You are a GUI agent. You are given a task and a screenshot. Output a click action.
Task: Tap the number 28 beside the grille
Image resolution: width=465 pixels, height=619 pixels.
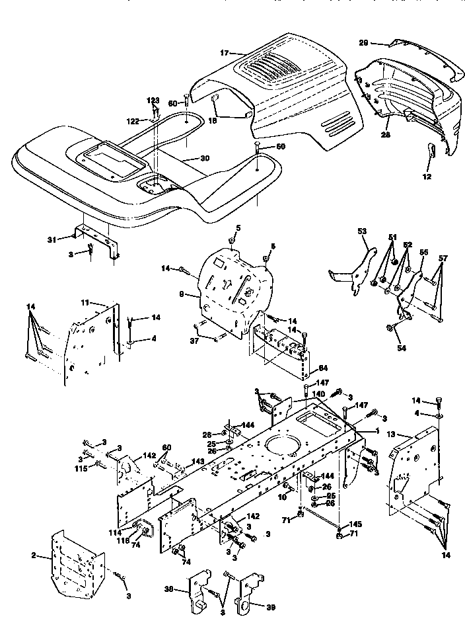click(x=386, y=134)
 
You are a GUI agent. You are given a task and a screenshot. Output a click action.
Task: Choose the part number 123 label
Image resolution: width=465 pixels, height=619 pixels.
click(x=153, y=101)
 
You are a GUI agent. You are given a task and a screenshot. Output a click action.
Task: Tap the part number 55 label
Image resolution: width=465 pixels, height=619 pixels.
click(x=423, y=253)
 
